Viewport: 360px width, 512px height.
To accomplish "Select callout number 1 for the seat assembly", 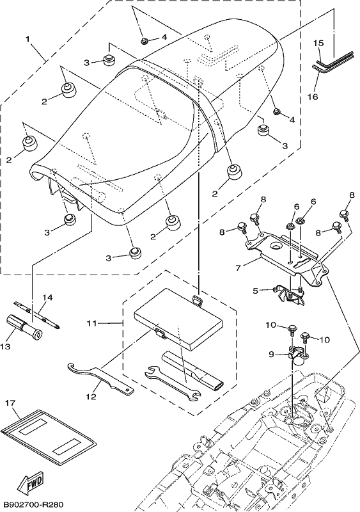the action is click(28, 39).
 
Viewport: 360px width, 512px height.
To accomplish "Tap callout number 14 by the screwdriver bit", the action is click(47, 298).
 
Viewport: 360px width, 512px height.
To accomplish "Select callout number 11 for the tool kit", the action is click(92, 323).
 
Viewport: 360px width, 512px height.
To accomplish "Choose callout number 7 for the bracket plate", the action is click(238, 268).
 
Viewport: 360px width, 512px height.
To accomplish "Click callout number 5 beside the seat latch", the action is click(256, 290).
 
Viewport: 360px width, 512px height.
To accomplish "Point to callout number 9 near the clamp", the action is click(272, 354).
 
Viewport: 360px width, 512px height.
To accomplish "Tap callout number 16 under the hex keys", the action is click(313, 97).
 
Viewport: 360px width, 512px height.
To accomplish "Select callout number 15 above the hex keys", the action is click(318, 43).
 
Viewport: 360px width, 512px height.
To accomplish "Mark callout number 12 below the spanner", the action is click(91, 396).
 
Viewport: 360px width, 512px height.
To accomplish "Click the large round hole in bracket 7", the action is click(276, 246).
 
